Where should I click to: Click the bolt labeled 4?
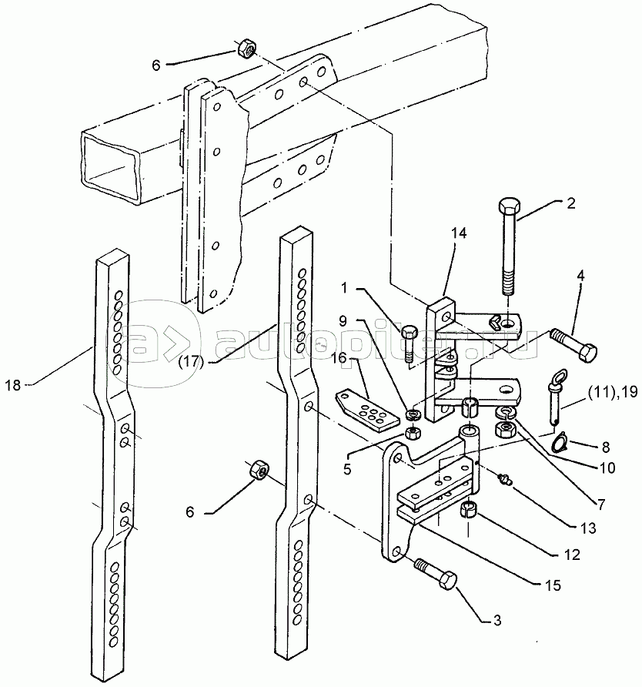pos(573,345)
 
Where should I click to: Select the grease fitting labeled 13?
pos(506,480)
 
